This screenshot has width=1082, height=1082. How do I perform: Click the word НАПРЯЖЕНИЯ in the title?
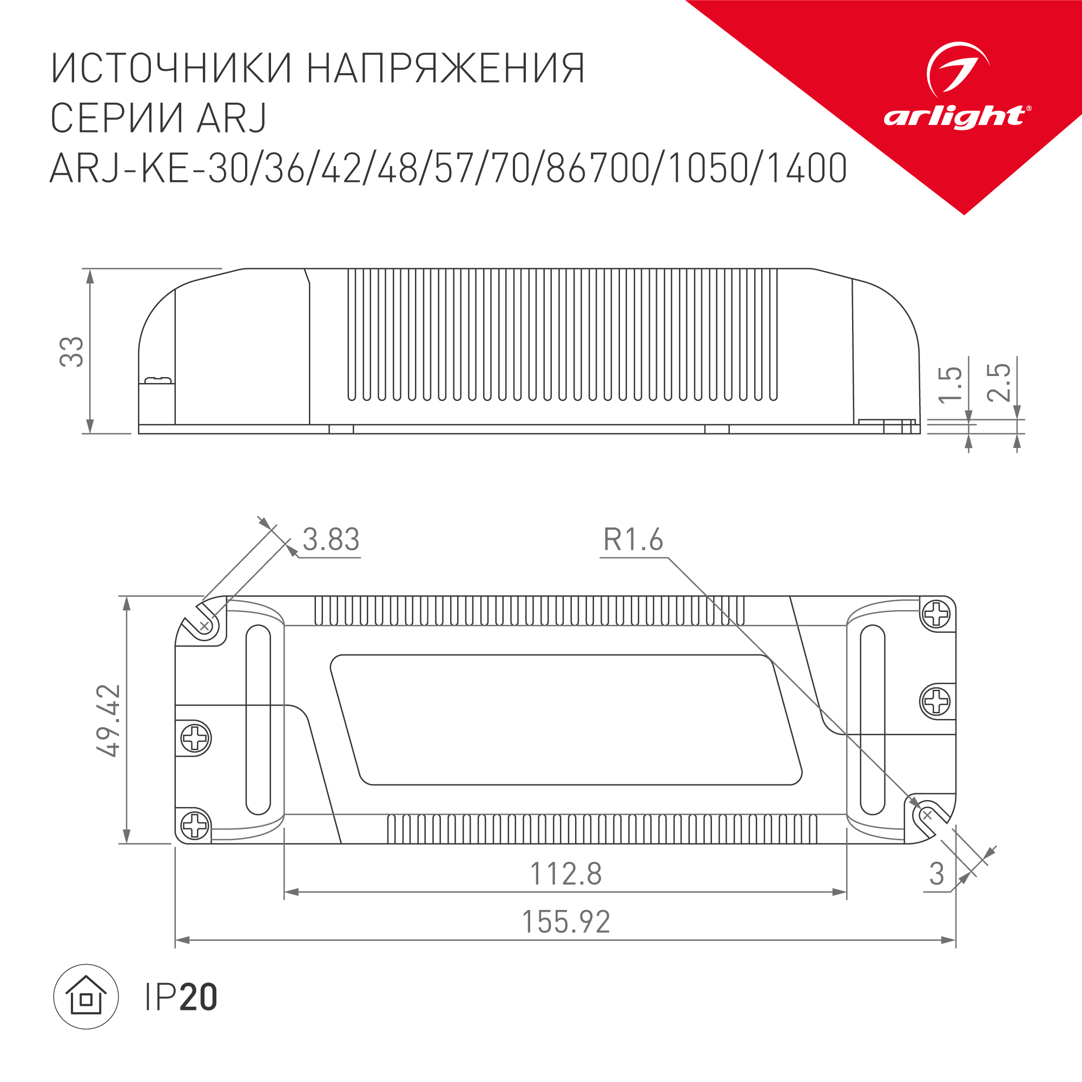(446, 69)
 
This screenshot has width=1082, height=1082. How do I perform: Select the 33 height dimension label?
(72, 352)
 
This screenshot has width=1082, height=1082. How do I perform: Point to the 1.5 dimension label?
(951, 385)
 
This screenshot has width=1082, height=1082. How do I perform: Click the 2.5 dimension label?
(999, 382)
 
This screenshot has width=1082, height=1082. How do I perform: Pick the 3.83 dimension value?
(331, 540)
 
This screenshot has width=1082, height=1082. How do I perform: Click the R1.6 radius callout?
(633, 540)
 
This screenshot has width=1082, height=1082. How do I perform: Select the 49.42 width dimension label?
(109, 720)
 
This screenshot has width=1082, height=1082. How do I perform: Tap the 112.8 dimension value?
(566, 874)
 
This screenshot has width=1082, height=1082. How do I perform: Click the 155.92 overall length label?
(566, 922)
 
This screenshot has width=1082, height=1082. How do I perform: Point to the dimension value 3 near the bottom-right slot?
(936, 874)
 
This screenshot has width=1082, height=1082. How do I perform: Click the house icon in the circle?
(85, 997)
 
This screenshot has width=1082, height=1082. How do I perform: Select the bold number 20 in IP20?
(198, 998)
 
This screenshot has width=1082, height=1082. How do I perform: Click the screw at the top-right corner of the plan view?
(936, 615)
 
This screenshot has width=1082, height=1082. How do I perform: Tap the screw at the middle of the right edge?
(936, 701)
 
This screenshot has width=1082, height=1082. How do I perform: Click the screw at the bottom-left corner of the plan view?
(195, 825)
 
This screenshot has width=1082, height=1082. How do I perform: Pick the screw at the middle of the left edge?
(195, 738)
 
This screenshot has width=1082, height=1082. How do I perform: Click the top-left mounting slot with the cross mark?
(206, 625)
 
